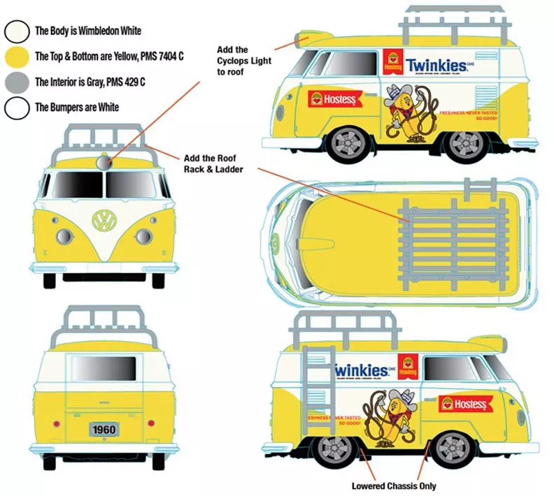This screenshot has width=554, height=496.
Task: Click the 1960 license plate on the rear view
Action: coord(104,429)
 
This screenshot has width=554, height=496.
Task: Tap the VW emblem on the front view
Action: coord(104,221)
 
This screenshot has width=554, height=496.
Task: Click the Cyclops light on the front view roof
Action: coord(104,163)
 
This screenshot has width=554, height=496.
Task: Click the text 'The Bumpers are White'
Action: coord(77,108)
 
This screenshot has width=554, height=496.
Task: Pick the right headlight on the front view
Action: coord(143,236)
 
